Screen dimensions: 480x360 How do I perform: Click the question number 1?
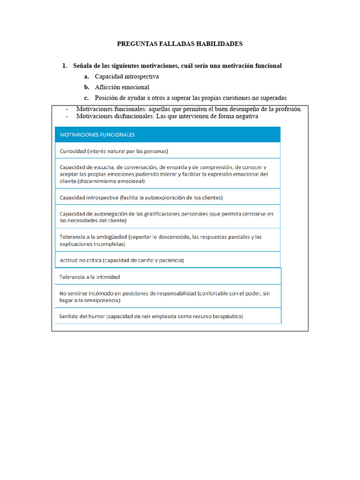coord(65,66)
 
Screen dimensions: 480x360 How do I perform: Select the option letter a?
coord(87,76)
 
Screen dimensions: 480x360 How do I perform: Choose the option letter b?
coord(87,87)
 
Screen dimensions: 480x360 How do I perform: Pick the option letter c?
coord(87,98)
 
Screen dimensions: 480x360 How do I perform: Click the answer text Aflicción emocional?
coord(122,87)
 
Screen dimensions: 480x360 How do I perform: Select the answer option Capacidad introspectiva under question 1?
coord(127,76)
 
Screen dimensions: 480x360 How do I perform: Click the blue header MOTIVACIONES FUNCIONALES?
coord(97,135)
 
